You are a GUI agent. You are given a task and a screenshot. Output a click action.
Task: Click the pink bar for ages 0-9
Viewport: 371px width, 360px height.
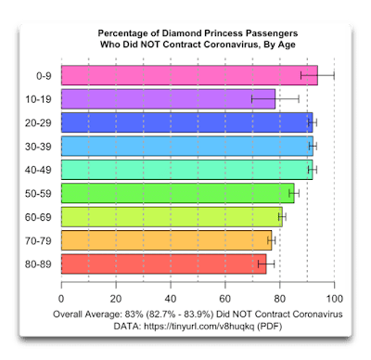[x=189, y=75]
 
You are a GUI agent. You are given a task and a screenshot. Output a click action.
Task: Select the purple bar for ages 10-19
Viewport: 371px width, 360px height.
[x=168, y=99]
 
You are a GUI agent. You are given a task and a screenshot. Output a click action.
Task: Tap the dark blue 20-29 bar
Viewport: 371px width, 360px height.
[x=187, y=122]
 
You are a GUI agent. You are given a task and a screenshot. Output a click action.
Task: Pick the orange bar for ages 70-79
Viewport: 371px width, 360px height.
[x=167, y=240]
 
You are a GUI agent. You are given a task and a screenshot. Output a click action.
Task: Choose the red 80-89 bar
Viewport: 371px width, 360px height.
[x=164, y=264]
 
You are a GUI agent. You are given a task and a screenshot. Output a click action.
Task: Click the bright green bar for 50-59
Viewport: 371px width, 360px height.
[x=178, y=193]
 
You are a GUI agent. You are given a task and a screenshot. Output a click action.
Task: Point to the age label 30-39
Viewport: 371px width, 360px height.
[x=38, y=147]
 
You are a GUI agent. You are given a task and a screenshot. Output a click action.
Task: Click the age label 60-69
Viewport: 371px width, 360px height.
[x=38, y=217]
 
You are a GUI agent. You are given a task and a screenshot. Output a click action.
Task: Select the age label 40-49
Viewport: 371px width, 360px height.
[x=38, y=170]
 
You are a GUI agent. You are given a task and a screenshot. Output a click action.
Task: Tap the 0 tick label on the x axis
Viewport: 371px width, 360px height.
[x=61, y=299]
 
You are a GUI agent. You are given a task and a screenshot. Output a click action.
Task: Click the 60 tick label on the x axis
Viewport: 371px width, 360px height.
[x=225, y=299]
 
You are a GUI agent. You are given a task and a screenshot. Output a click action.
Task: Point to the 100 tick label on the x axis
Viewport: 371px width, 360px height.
[x=335, y=299]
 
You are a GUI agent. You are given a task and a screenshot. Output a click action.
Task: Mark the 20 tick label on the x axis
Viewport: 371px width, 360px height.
[x=116, y=299]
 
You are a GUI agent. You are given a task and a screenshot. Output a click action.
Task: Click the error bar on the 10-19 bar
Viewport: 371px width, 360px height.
[x=275, y=99]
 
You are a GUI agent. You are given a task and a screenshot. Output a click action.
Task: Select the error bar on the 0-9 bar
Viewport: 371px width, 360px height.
[x=317, y=75]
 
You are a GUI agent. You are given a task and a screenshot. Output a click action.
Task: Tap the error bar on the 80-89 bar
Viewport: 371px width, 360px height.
[x=266, y=264]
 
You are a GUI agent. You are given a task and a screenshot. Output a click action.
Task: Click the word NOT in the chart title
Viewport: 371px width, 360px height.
[x=151, y=45]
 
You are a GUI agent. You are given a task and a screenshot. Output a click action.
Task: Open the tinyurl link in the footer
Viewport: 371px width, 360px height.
[x=199, y=326]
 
